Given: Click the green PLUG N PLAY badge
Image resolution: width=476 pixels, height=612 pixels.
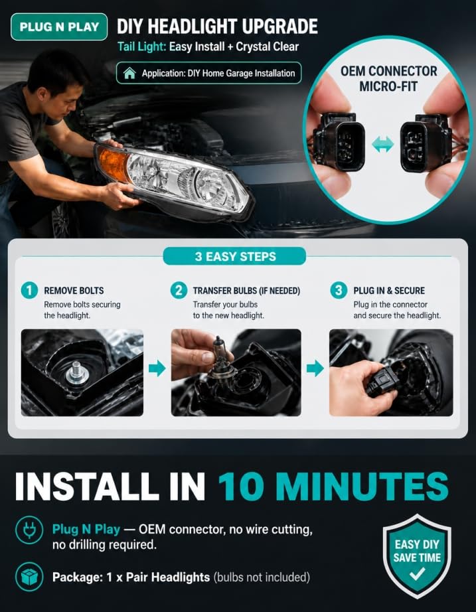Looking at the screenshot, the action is [x=59, y=27].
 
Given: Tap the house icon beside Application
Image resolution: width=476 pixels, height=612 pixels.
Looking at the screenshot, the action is [x=129, y=73].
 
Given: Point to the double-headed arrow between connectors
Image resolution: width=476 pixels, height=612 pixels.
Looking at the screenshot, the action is [x=382, y=145].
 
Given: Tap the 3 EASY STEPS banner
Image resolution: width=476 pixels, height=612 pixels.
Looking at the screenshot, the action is [x=235, y=256].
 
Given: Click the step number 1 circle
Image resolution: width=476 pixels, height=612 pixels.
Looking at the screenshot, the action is [x=29, y=290].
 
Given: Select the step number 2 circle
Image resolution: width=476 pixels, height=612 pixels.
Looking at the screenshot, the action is [x=179, y=290].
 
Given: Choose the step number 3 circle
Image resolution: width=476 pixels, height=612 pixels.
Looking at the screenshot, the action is [x=339, y=290].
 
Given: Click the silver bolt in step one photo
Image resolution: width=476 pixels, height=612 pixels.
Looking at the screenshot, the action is [x=76, y=373].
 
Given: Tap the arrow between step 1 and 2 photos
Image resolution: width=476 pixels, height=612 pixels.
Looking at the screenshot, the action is [x=157, y=368].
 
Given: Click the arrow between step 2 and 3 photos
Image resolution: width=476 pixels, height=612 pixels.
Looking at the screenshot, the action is [x=315, y=368].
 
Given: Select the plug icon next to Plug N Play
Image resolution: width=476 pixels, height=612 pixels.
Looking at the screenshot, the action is [x=29, y=530].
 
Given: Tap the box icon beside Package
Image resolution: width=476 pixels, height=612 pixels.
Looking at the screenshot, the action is [x=29, y=577].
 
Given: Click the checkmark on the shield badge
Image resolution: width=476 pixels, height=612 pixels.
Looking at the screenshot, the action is [x=417, y=574].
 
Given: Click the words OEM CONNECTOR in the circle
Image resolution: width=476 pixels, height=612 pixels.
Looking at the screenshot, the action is [x=389, y=72].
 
